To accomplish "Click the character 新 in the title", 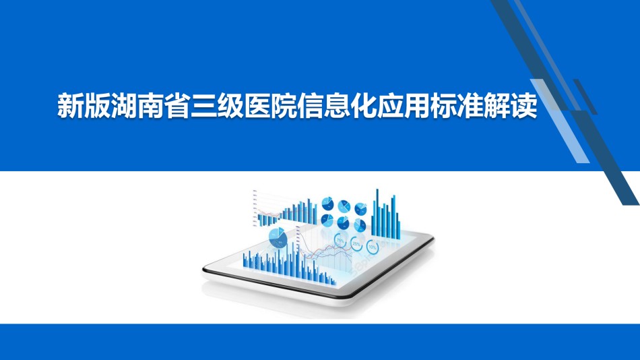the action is click(x=71, y=107).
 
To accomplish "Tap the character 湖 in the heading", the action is click(x=124, y=107).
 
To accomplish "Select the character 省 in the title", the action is click(x=177, y=107).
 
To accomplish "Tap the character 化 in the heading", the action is click(x=364, y=107).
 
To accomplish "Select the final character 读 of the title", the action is click(x=524, y=107).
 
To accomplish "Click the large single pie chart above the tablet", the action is click(x=278, y=238).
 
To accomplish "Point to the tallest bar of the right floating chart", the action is click(x=377, y=213).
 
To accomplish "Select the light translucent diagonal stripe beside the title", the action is click(x=560, y=121).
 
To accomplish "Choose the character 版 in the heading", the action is click(x=97, y=107).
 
